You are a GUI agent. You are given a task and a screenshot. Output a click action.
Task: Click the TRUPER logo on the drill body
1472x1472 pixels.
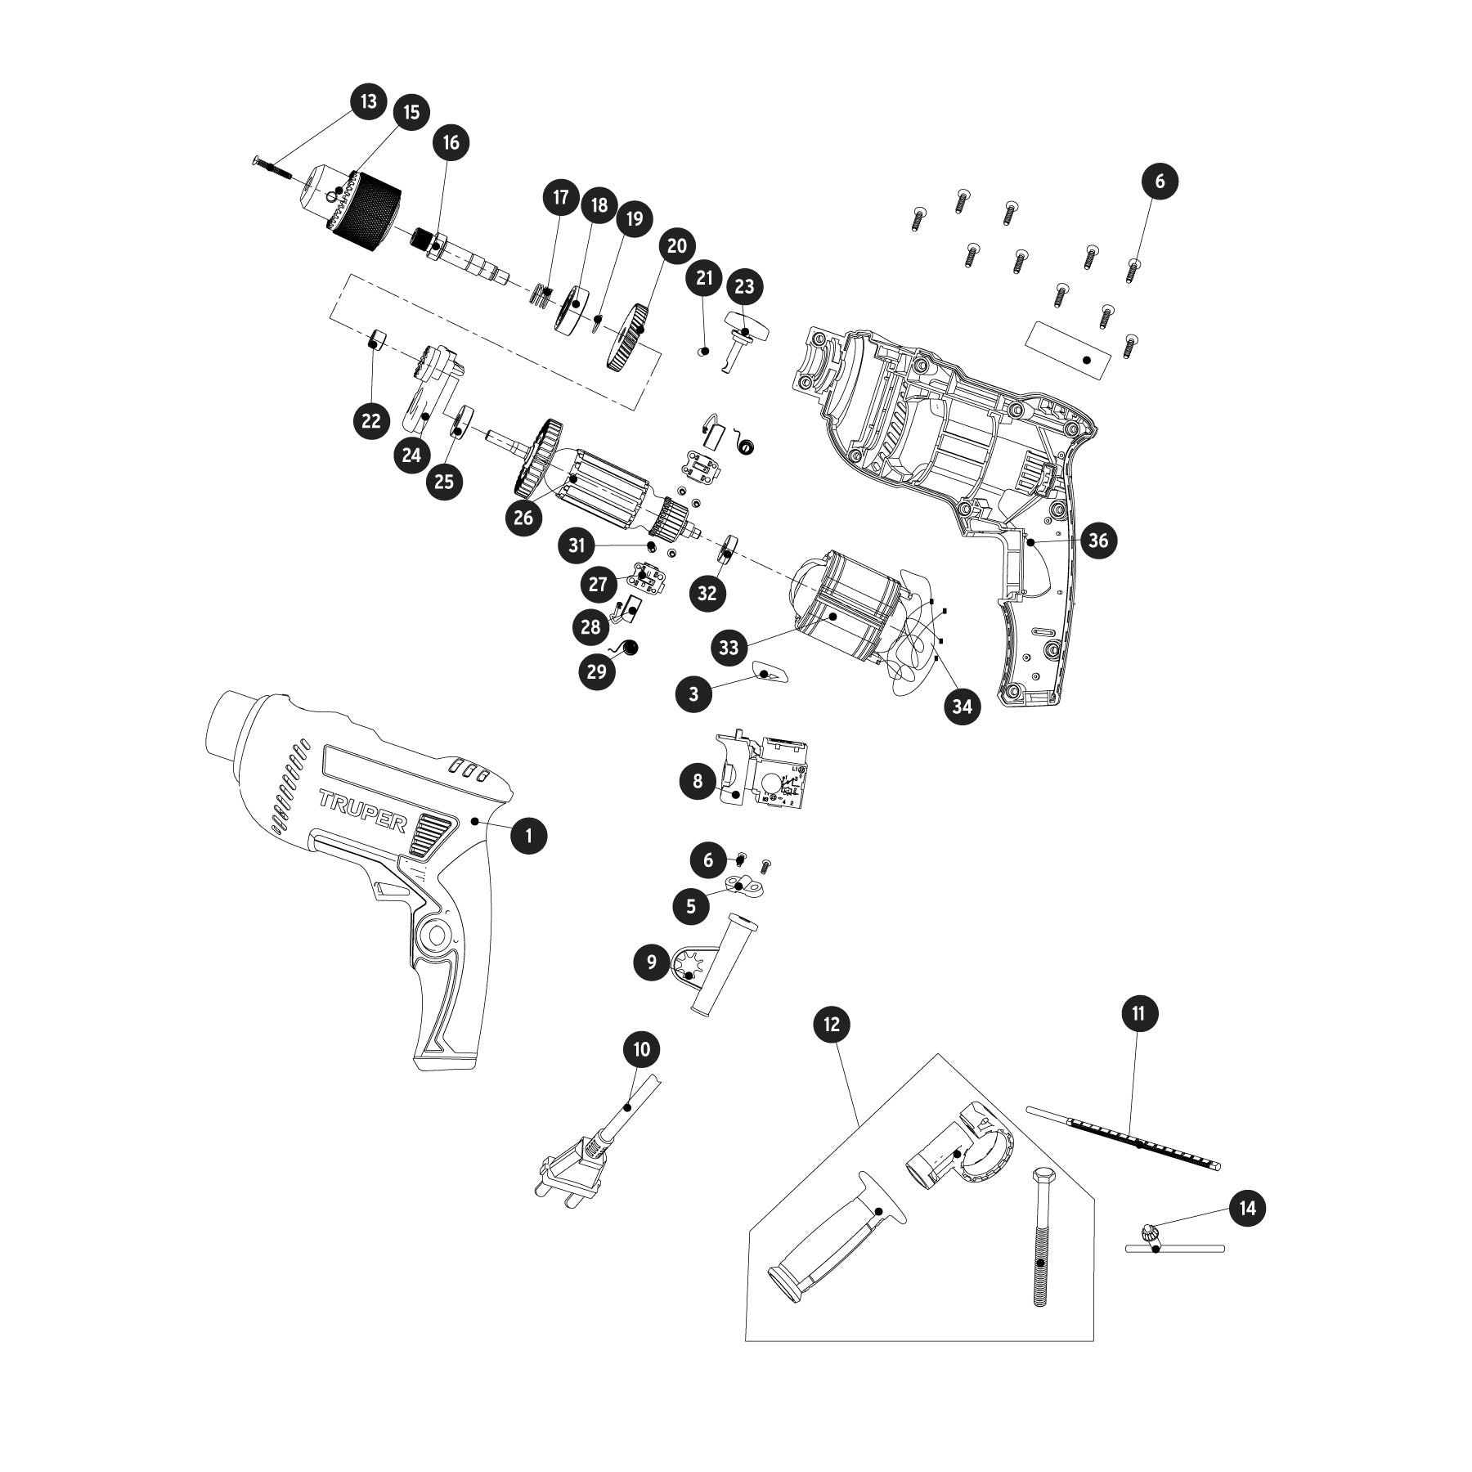[361, 810]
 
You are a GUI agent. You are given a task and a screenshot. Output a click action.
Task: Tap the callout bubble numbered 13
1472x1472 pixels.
[369, 101]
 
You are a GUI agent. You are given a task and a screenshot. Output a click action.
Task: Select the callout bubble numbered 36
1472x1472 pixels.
[1098, 541]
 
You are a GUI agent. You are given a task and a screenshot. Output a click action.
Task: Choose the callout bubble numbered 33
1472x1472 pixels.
[729, 648]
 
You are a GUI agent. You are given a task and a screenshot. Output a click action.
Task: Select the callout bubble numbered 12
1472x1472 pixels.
[832, 1024]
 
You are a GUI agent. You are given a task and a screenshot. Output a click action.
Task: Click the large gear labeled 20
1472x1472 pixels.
[631, 338]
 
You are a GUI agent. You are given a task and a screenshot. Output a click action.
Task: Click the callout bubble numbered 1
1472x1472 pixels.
[529, 835]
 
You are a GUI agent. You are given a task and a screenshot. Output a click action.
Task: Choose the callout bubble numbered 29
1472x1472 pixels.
[597, 671]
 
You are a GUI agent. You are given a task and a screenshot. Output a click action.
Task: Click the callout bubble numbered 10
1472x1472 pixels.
[642, 1048]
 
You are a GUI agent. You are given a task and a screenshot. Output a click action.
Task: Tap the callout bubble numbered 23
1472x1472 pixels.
[744, 286]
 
